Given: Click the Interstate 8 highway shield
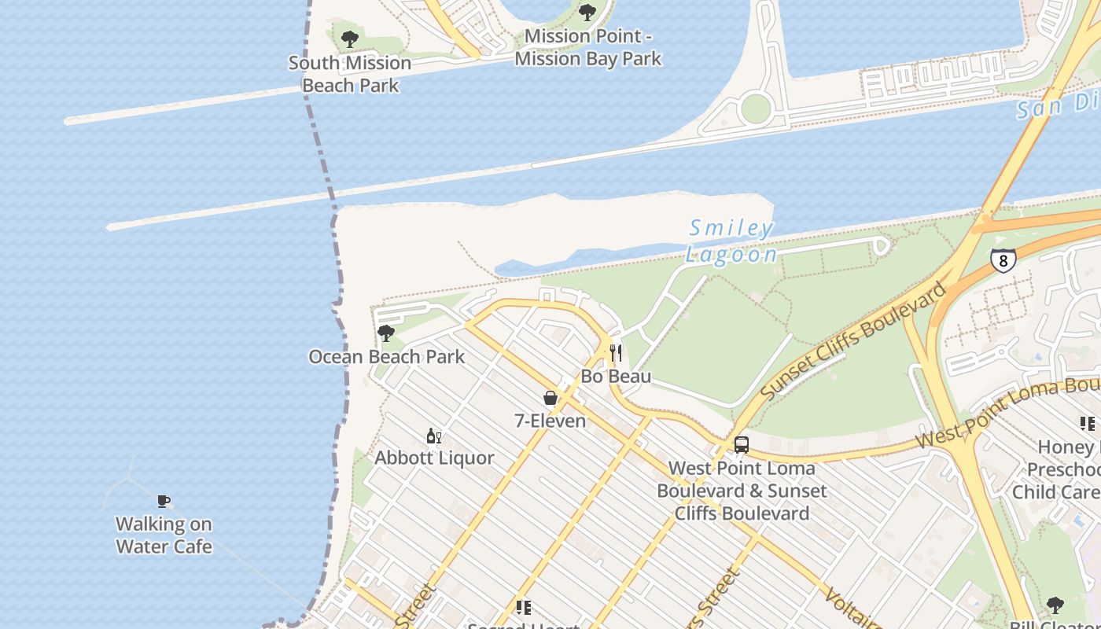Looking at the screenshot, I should point(1003,260).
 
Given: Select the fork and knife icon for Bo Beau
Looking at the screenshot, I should point(616,353).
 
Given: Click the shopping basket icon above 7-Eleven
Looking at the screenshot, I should point(550,398).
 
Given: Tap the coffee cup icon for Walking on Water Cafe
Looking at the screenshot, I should point(164,501).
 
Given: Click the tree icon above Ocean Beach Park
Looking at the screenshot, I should point(385,333).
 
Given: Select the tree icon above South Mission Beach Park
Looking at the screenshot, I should point(350,39).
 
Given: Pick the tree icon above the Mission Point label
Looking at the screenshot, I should point(587,13).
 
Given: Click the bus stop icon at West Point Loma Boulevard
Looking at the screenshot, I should point(741,445).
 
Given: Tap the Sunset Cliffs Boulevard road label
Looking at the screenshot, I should point(853,340).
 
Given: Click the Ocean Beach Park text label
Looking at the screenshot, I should point(387,357).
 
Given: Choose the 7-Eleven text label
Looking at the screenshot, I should point(550,421).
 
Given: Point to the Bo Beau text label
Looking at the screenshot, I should point(616,377).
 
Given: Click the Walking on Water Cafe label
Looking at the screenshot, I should point(164,535).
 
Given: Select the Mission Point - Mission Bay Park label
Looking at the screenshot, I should point(588,47).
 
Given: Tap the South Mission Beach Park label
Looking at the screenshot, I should point(350,74).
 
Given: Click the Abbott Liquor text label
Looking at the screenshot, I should point(434,458).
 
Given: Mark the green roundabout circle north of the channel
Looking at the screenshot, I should point(755,109).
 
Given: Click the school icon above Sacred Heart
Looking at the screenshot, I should point(523,607).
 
